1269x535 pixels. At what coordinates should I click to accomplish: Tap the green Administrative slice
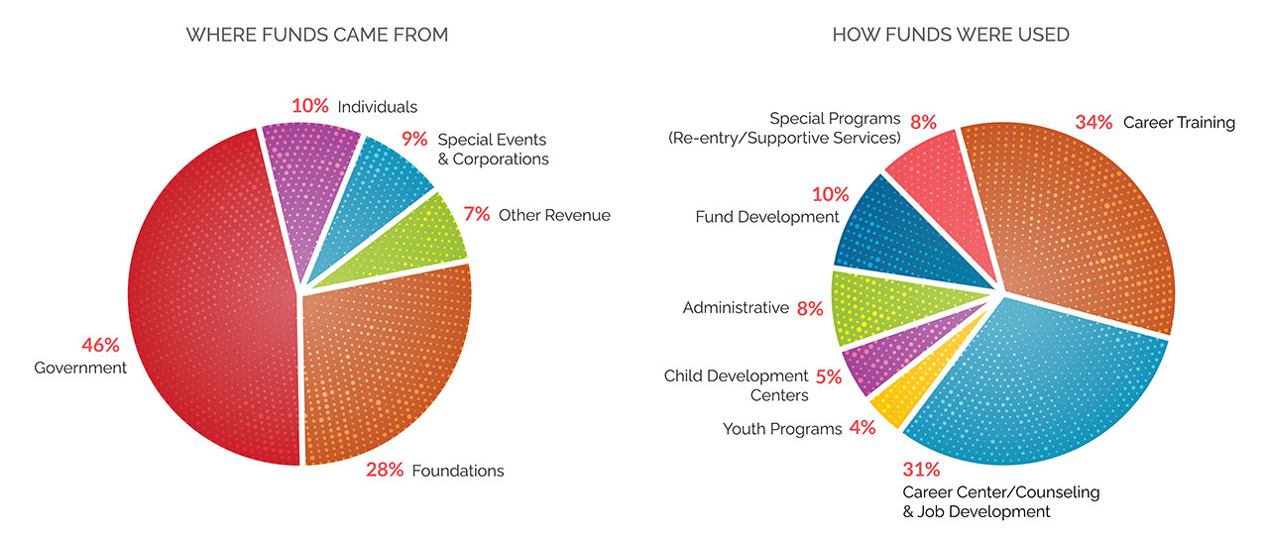(x=877, y=302)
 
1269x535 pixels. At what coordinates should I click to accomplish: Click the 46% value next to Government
(x=100, y=346)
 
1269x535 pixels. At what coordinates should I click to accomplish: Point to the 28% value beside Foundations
(x=385, y=470)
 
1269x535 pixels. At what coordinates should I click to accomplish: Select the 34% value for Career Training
(x=1095, y=123)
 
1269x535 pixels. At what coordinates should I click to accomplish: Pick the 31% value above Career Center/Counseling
(x=921, y=470)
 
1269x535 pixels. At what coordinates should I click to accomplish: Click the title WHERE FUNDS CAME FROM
(x=317, y=35)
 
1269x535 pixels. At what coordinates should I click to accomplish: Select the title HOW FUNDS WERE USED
(x=951, y=35)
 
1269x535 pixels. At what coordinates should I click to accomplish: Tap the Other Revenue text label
(x=554, y=215)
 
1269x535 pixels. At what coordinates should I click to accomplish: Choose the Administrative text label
(x=736, y=308)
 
